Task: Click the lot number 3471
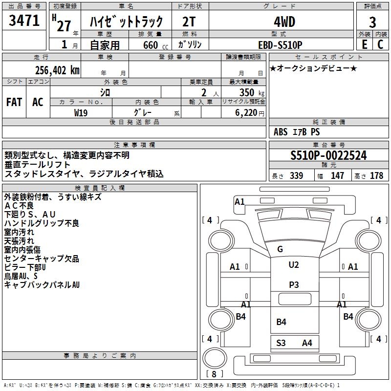[24, 21]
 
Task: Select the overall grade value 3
[372, 22]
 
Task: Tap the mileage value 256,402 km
[57, 70]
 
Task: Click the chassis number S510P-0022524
[328, 155]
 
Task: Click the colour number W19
[81, 112]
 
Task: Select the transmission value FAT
[14, 102]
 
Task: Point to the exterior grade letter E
[365, 44]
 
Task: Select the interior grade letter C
[380, 44]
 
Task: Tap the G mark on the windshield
[280, 249]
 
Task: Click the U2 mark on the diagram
[294, 265]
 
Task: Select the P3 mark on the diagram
[294, 284]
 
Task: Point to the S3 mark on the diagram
[281, 343]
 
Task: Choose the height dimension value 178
[377, 176]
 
